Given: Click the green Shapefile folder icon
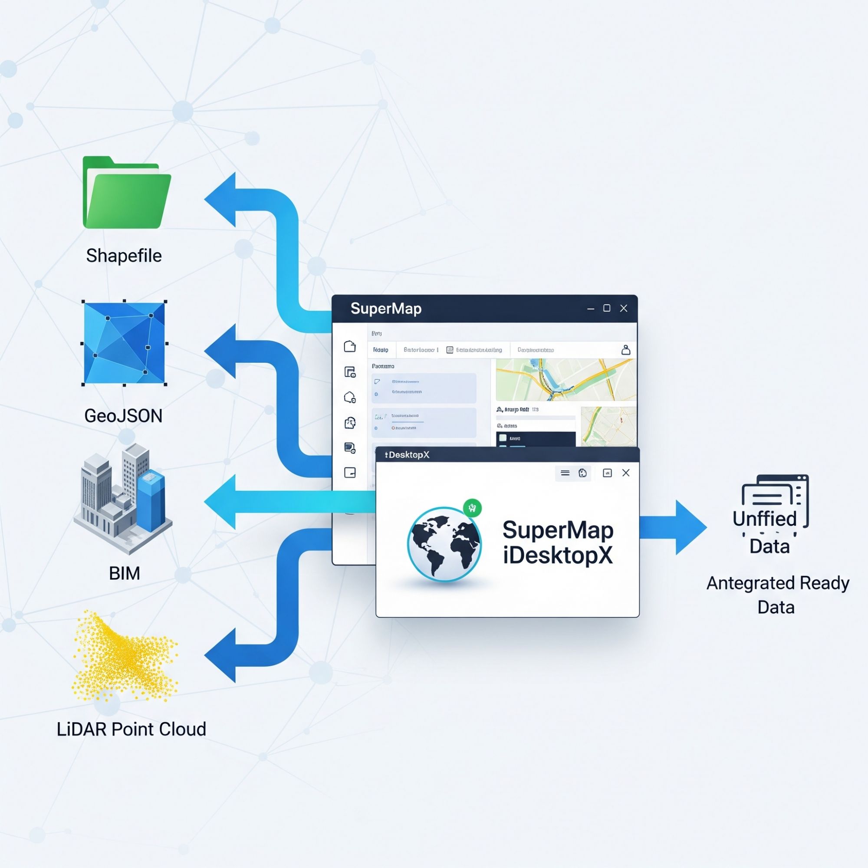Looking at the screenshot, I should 126,193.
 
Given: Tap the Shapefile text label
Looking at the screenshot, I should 124,256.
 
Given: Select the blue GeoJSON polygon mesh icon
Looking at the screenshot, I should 125,343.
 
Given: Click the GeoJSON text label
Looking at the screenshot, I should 123,416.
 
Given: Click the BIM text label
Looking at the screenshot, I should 125,573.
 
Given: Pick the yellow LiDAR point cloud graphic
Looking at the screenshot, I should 125,656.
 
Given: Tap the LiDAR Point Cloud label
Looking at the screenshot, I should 131,729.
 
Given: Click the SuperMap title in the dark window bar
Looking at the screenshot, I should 386,309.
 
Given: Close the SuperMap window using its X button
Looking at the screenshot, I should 624,308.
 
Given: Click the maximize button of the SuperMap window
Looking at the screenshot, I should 607,308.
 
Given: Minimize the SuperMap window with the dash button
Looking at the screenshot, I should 591,309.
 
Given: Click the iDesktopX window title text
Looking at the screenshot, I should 407,455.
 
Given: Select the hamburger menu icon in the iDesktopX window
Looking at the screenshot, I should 565,473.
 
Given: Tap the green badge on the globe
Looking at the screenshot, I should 472,508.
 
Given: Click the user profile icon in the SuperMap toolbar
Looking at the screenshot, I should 625,350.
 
